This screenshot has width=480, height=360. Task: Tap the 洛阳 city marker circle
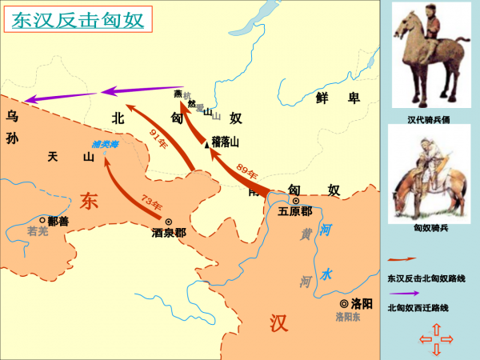pos(344,304)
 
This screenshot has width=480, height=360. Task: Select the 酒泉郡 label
pos(169,234)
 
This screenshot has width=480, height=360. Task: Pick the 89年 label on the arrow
pos(247,170)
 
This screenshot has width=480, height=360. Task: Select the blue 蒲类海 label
pos(105,144)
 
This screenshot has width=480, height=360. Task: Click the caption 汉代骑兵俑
pos(430,120)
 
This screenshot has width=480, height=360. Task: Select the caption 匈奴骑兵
pos(429,228)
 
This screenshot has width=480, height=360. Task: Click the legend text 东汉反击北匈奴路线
pos(426,278)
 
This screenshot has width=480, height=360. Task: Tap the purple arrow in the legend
pos(402,293)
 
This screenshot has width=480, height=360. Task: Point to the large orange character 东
pos(88,201)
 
